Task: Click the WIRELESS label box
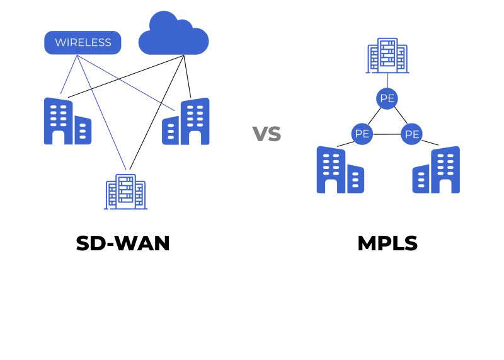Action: point(83,43)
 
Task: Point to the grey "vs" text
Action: point(266,134)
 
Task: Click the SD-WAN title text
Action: point(123,243)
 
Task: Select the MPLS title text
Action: point(387,243)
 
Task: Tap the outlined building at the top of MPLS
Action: point(387,55)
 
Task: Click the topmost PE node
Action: point(387,98)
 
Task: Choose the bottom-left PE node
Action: point(362,134)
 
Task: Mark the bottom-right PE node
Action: point(412,134)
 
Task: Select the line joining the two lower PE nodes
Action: point(387,134)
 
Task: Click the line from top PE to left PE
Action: point(374,116)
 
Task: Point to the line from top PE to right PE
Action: point(399,116)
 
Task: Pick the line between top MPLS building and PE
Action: point(387,81)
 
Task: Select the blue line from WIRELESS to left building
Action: point(69,75)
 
